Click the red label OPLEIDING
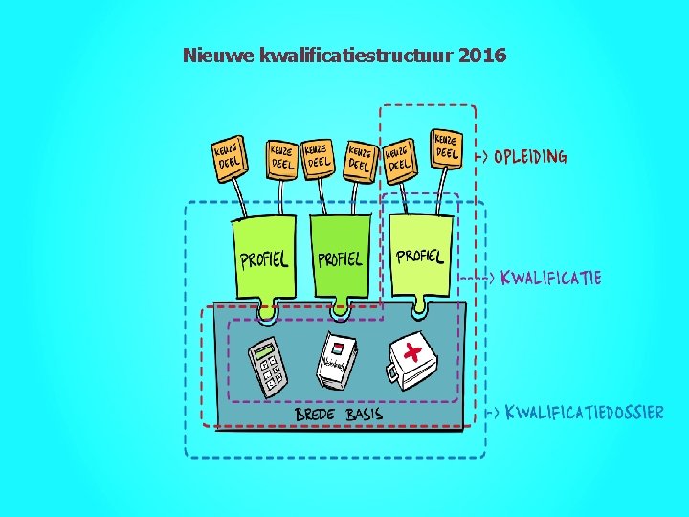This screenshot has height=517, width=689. click(530, 156)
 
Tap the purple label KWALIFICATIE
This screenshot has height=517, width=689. click(551, 278)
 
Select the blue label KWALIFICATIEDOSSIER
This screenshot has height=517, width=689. click(584, 413)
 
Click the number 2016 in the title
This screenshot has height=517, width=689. click(482, 56)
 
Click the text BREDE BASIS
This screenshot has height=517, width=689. click(339, 414)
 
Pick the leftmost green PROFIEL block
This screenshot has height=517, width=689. click(263, 257)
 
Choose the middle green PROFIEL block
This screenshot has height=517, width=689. click(340, 257)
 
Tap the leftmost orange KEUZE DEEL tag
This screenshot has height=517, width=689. click(227, 156)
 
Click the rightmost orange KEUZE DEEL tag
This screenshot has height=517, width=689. click(447, 146)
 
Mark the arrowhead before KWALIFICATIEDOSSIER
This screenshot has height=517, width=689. click(495, 413)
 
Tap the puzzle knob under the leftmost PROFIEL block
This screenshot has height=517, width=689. click(266, 312)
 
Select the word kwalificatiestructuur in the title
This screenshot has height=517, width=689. click(357, 56)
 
